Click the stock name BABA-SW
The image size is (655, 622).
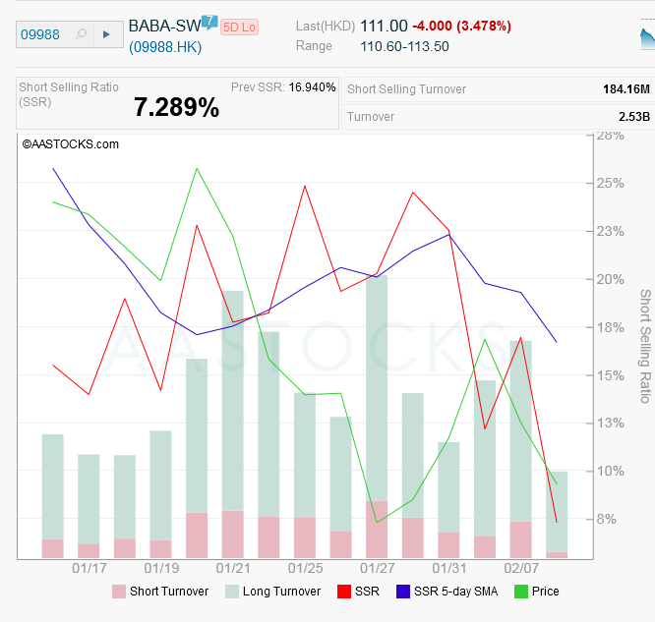(x=164, y=26)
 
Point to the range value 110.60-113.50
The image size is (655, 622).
(x=404, y=46)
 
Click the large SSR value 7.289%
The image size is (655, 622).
(x=176, y=108)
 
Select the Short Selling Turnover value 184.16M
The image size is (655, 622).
(x=625, y=89)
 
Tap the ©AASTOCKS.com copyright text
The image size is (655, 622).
(x=70, y=143)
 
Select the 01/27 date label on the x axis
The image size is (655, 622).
(x=378, y=568)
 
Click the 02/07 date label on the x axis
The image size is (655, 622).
(x=521, y=568)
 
